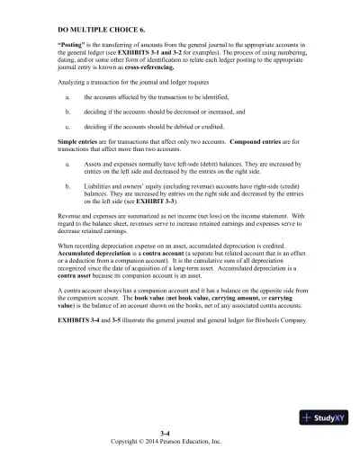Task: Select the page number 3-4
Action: (180, 434)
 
